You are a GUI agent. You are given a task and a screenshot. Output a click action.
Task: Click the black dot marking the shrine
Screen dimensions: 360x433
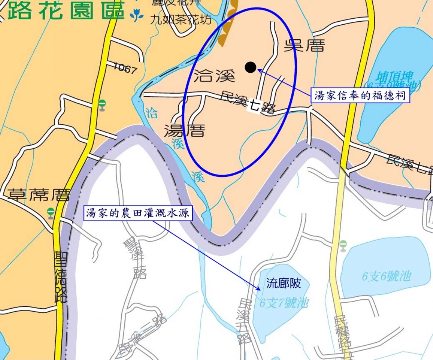tap(251, 67)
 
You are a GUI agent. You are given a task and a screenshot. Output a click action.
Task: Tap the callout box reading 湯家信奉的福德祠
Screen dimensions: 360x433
tap(360, 96)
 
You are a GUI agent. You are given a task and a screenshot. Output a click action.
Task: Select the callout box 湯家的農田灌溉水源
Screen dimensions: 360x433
tap(138, 213)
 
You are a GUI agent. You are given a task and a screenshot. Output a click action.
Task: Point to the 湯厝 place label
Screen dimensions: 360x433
tap(184, 130)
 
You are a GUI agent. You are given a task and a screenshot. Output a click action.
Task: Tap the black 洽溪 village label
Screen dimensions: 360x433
tap(214, 76)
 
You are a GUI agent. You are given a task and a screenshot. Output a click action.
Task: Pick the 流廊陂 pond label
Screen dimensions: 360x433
tap(284, 283)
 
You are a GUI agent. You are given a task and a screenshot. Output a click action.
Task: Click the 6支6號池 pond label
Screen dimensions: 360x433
tap(386, 276)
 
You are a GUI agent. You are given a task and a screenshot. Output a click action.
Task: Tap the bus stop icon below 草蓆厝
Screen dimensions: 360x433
tap(51, 212)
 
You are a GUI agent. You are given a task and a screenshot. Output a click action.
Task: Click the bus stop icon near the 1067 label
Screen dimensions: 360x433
tap(102, 105)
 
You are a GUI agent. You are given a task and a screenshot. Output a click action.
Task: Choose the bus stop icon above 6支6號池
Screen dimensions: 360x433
tap(343, 244)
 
